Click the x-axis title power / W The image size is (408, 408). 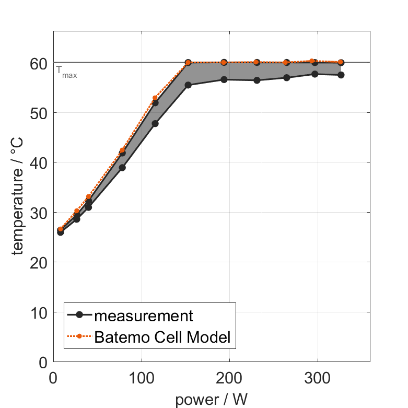(x=212, y=400)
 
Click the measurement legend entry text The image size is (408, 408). (x=144, y=316)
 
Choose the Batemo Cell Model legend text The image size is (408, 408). (x=162, y=337)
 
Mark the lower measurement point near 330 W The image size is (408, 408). (x=341, y=75)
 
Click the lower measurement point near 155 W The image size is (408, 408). (x=188, y=85)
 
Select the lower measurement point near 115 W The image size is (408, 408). (x=155, y=123)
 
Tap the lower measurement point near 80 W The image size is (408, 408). (x=122, y=168)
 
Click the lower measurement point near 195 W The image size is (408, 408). (x=224, y=79)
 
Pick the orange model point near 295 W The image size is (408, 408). (x=312, y=61)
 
